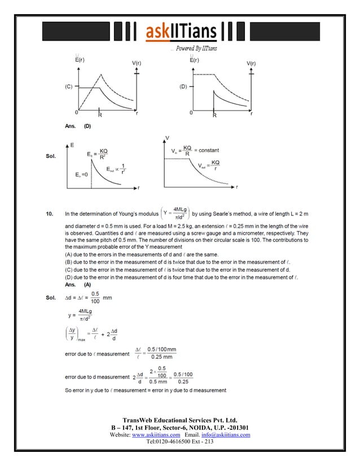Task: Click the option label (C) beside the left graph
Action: [67, 87]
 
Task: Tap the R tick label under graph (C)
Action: [100, 115]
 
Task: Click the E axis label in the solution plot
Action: [72, 145]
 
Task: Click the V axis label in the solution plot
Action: [166, 137]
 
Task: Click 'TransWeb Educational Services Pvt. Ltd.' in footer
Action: [179, 420]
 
